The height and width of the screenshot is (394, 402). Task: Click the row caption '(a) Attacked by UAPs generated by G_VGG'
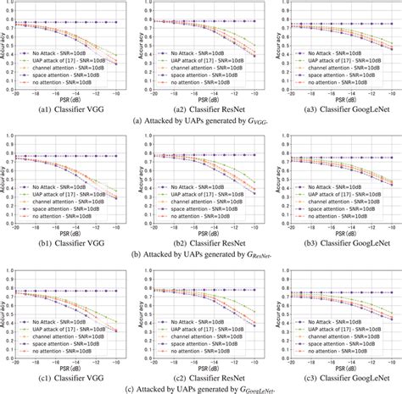click(201, 122)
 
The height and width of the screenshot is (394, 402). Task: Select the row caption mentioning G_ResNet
click(201, 253)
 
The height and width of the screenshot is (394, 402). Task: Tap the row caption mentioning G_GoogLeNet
click(201, 386)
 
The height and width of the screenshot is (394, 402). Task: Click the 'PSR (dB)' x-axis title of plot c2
click(204, 358)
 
